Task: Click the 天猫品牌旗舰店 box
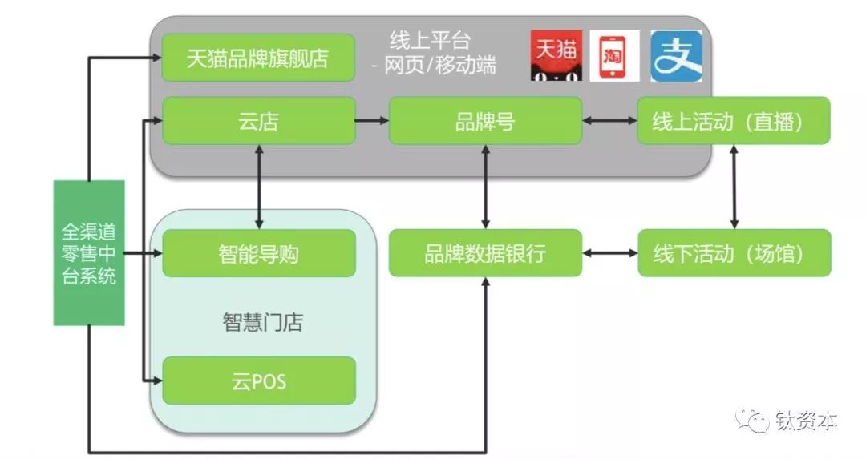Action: click(x=258, y=58)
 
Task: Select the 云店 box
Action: click(x=258, y=121)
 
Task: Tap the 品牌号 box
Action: click(x=485, y=121)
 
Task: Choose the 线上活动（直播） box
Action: click(x=733, y=121)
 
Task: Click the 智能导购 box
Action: click(x=258, y=253)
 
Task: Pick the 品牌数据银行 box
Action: click(x=485, y=253)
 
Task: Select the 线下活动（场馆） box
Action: click(x=733, y=253)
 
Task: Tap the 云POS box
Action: click(x=258, y=380)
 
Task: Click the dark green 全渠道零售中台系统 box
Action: click(x=89, y=253)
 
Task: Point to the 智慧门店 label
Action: click(x=262, y=323)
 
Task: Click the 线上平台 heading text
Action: click(x=430, y=40)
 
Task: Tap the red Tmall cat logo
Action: click(x=556, y=56)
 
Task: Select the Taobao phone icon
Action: click(x=614, y=56)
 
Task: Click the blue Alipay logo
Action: click(x=675, y=56)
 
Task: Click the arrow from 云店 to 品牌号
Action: click(x=372, y=121)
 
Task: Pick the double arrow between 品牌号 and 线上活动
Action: click(x=609, y=121)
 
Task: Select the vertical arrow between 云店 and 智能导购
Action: click(x=259, y=187)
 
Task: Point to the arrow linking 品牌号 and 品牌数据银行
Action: click(x=486, y=187)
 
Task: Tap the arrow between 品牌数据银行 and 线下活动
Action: click(x=609, y=253)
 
